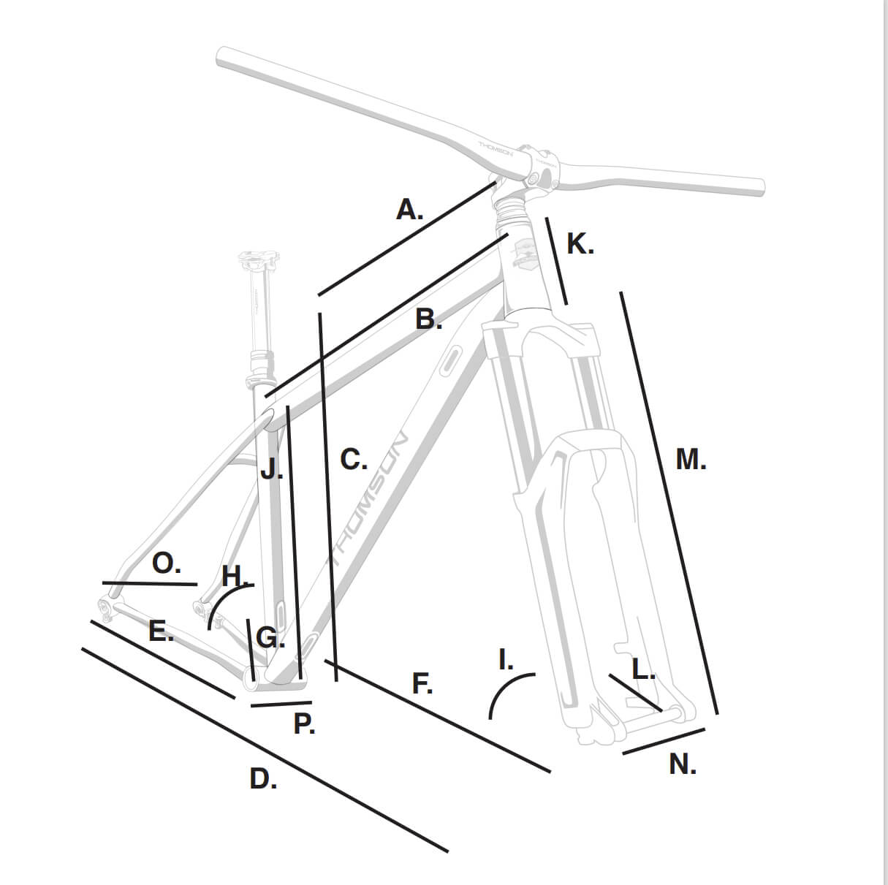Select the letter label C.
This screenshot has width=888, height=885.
(x=354, y=460)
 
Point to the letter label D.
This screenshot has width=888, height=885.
(x=263, y=778)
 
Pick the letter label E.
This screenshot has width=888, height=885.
(x=162, y=631)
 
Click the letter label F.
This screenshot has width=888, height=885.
(x=422, y=683)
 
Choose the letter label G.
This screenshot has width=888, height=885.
(x=270, y=638)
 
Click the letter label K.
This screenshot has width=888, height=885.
(x=580, y=244)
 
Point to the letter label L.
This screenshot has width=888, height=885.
(x=643, y=669)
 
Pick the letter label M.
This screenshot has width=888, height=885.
(x=691, y=459)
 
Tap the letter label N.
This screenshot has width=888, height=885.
(x=683, y=764)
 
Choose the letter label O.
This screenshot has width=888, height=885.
(x=167, y=563)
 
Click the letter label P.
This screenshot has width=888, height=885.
(x=304, y=724)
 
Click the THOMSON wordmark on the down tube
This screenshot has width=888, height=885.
(x=368, y=499)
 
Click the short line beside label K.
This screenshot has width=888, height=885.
(x=556, y=261)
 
